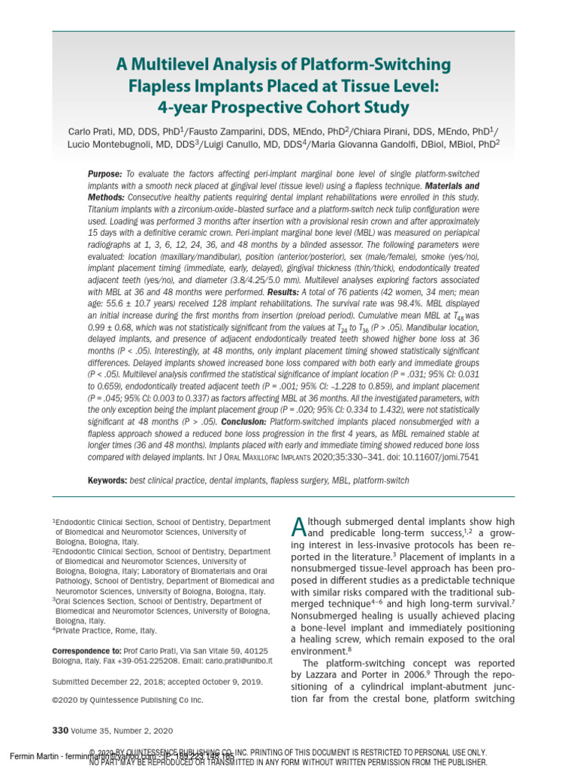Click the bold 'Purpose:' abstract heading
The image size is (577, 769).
(x=105, y=173)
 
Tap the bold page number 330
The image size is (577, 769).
(x=60, y=730)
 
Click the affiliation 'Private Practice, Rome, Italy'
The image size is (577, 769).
(x=107, y=631)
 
